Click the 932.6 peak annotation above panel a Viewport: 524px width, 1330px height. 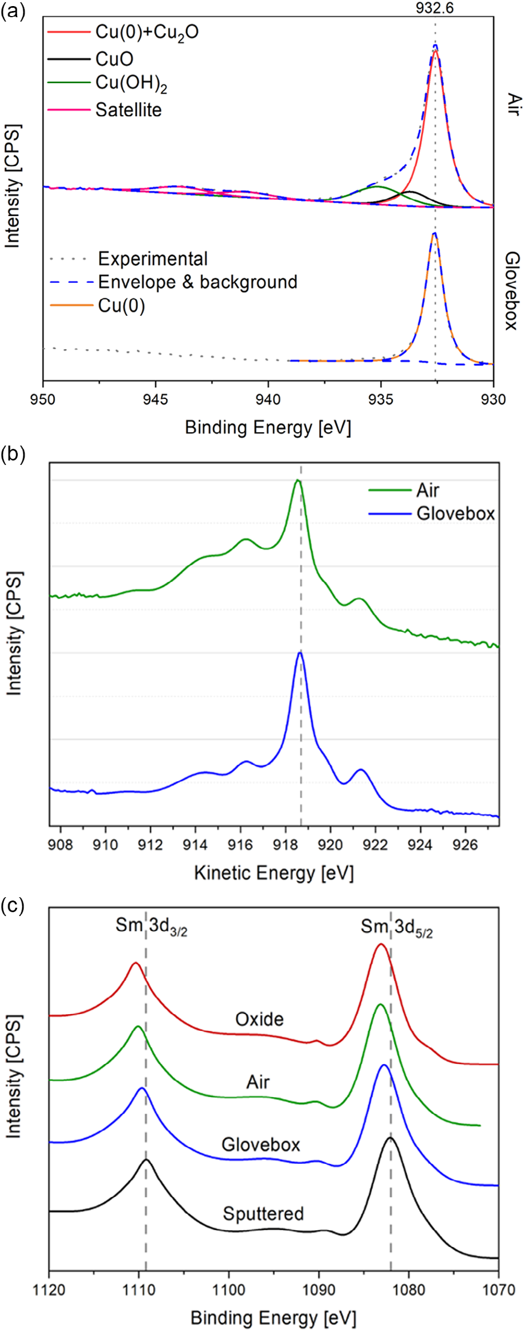(435, 8)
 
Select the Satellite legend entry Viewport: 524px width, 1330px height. (128, 110)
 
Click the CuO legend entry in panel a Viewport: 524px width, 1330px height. (114, 59)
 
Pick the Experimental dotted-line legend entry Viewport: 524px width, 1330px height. (152, 259)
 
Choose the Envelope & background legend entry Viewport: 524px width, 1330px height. (197, 282)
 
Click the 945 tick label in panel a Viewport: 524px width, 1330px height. (156, 400)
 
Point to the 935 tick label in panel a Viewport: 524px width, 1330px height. (381, 400)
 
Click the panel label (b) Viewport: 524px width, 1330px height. (13, 454)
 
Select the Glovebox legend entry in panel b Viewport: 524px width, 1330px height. (455, 514)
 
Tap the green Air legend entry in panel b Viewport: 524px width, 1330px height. (428, 490)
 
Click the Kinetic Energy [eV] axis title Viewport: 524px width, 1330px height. (274, 873)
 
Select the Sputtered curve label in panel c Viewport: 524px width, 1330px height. (263, 1214)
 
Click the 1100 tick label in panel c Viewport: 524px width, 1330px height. (229, 1290)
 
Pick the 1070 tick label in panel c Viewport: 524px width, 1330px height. (499, 1290)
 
